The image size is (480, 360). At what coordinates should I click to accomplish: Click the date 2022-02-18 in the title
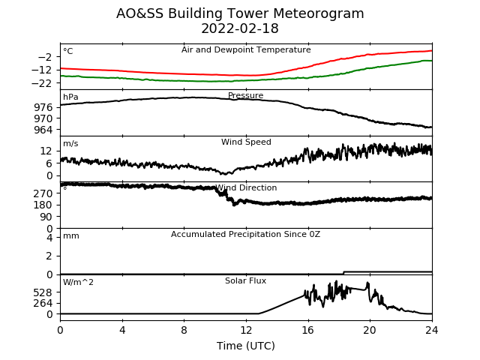click(x=240, y=28)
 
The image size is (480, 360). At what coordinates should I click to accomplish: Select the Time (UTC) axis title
click(x=246, y=346)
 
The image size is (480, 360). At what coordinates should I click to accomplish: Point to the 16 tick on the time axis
click(x=308, y=330)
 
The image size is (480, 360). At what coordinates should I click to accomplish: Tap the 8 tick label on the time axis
click(x=184, y=330)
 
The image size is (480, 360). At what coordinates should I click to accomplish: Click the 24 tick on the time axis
click(x=432, y=330)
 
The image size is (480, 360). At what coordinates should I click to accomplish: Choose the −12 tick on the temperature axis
click(x=42, y=70)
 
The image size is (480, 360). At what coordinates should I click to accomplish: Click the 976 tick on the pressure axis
click(x=43, y=107)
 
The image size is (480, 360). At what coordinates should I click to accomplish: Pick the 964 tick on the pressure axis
click(x=43, y=130)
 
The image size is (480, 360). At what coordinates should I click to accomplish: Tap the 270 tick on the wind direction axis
click(x=43, y=193)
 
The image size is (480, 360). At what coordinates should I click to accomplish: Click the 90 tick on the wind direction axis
click(x=46, y=217)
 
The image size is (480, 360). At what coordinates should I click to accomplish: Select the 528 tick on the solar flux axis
click(x=43, y=292)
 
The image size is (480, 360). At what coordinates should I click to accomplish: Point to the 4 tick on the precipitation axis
click(x=49, y=238)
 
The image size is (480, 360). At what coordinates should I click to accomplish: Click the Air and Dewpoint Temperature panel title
click(x=246, y=49)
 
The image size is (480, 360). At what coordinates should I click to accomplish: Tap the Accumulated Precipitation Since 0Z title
click(x=245, y=234)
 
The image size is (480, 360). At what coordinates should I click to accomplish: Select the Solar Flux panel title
click(x=245, y=280)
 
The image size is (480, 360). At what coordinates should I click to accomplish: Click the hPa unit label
click(x=70, y=97)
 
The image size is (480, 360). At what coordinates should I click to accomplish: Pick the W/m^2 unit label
click(x=78, y=282)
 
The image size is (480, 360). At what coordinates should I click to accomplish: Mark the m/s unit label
click(x=70, y=143)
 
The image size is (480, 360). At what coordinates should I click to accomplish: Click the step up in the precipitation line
click(x=343, y=272)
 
